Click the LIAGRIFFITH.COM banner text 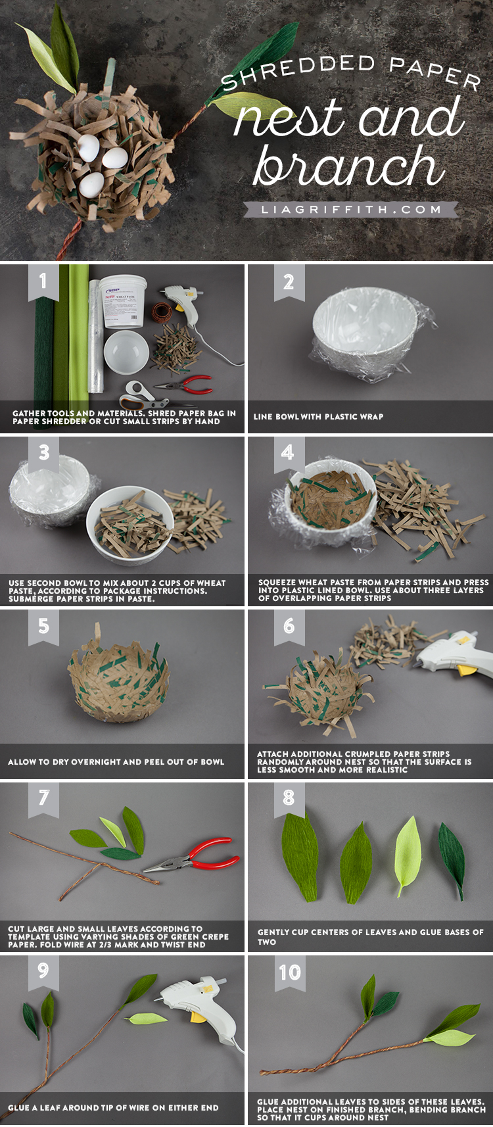coord(350,210)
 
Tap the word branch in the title coord(348,166)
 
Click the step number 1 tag coord(43,281)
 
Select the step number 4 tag coord(287,452)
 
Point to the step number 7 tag coord(43,798)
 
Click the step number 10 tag coord(289,972)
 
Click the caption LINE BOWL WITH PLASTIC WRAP coord(318,417)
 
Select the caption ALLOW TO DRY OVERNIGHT coord(116,762)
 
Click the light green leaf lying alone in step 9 coord(147,1019)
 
